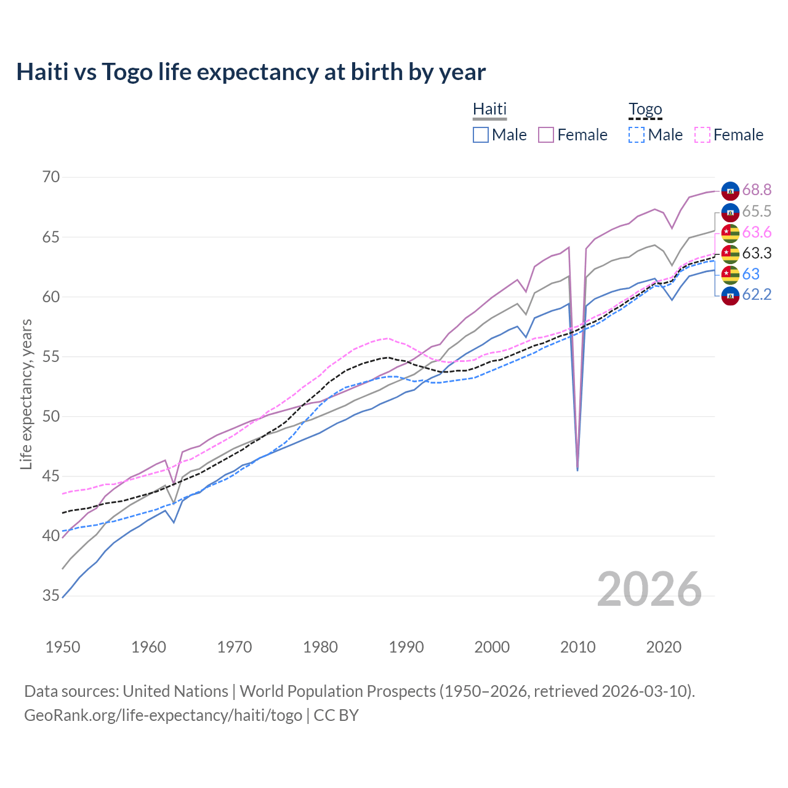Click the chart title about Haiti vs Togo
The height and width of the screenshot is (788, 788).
251,72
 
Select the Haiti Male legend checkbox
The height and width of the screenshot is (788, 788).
481,135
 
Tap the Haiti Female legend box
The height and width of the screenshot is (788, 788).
546,135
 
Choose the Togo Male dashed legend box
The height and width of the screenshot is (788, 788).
637,135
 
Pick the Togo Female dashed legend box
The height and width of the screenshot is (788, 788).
702,135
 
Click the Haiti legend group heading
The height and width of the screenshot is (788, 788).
489,110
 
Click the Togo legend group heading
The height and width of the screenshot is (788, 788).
645,110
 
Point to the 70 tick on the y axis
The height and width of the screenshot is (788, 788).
51,177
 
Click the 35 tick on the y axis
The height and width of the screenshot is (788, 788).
51,595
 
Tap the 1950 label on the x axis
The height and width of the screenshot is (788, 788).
63,647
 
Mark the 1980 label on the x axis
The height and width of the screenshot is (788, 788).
320,647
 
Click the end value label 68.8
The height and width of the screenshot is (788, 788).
757,190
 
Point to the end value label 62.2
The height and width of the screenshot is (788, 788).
757,295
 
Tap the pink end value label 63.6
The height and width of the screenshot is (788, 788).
757,232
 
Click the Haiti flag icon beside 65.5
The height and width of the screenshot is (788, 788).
730,212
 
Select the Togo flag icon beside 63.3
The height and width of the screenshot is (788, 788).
730,254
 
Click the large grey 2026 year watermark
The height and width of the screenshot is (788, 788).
649,589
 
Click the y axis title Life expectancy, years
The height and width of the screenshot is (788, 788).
26,394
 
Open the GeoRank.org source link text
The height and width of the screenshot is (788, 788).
163,715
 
